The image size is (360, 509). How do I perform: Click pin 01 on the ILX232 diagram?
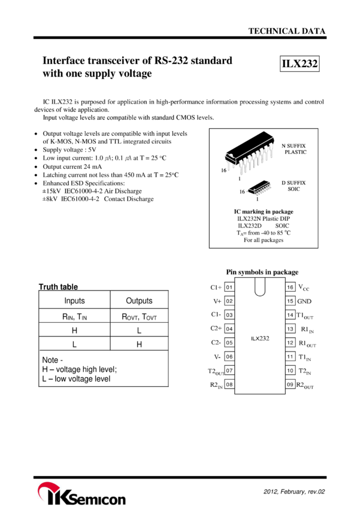point(229,287)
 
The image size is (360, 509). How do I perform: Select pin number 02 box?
point(229,301)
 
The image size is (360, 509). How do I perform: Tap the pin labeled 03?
point(229,315)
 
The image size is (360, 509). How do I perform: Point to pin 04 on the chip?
point(229,329)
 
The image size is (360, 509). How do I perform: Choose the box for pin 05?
point(229,343)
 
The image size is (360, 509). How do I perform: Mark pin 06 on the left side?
point(229,356)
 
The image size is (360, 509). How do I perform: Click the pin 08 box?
point(229,384)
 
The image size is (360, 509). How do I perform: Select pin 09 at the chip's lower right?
point(291,384)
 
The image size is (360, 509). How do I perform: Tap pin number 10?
point(291,371)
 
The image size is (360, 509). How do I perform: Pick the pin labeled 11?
point(291,356)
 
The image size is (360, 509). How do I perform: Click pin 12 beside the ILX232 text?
point(291,343)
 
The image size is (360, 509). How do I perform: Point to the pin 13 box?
point(291,329)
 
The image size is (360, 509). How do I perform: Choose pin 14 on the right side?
point(291,315)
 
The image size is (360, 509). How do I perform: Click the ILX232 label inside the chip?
point(260,338)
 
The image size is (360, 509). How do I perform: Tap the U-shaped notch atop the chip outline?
point(260,287)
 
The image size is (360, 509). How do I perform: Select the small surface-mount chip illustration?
point(261,188)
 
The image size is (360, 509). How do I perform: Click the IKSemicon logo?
point(81,493)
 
